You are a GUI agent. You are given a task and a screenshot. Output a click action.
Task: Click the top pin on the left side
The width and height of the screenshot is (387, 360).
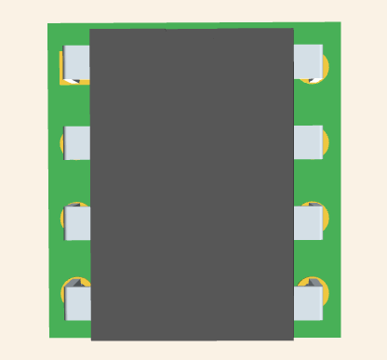(x=76, y=61)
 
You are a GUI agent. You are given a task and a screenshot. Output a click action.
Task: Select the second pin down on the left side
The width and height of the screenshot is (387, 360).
(x=77, y=142)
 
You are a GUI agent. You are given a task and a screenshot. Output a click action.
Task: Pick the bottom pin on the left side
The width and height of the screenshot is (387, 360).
(x=78, y=303)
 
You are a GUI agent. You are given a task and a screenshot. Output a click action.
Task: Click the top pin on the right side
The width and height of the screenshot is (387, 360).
(x=307, y=61)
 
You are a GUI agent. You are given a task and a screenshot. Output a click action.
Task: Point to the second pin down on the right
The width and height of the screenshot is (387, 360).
(x=307, y=141)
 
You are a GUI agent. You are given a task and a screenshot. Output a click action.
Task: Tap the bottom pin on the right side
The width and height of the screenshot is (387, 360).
(x=307, y=302)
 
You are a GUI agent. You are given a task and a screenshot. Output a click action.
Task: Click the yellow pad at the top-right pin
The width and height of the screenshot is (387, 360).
(x=325, y=67)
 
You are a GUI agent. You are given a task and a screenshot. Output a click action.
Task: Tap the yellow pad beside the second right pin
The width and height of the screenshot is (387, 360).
(x=325, y=141)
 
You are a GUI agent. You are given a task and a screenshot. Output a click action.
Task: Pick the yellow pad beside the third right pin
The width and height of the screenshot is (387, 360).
(x=325, y=219)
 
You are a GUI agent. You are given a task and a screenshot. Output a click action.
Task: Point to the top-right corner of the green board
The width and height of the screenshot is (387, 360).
(x=340, y=22)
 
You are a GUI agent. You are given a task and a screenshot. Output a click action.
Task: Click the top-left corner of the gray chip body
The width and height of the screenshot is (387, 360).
(x=90, y=30)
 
